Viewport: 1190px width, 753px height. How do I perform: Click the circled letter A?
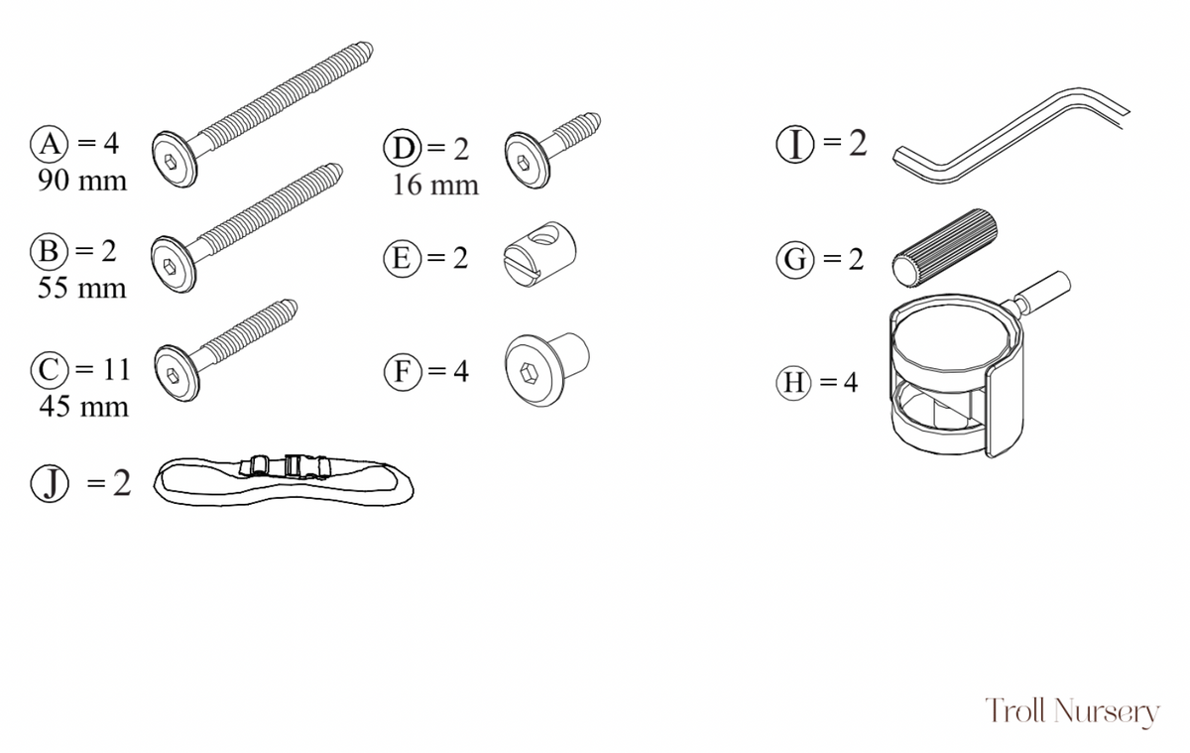click(x=49, y=144)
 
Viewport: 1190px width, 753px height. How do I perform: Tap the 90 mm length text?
click(x=82, y=181)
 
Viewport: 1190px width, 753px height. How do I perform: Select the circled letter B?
click(x=49, y=251)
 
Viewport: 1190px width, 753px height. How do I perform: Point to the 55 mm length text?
click(x=81, y=289)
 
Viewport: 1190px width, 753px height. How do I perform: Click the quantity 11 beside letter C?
click(x=117, y=369)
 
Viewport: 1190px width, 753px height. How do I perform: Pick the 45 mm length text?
click(x=84, y=407)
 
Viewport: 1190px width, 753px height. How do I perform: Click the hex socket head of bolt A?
click(x=175, y=160)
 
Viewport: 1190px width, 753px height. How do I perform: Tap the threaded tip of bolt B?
click(x=333, y=173)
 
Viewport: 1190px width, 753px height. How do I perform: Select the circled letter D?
click(x=403, y=148)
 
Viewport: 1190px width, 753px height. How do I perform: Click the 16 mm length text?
click(x=435, y=186)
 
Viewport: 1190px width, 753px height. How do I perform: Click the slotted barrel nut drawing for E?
click(x=539, y=254)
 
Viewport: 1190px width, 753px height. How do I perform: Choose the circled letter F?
click(x=403, y=371)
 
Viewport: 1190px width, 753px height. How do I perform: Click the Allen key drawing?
click(x=1011, y=136)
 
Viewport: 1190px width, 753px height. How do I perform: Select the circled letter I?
click(x=794, y=144)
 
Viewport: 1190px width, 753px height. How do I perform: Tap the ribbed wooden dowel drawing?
click(x=944, y=248)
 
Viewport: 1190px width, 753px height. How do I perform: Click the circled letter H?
click(x=793, y=383)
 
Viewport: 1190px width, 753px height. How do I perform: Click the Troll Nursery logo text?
click(x=1073, y=711)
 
